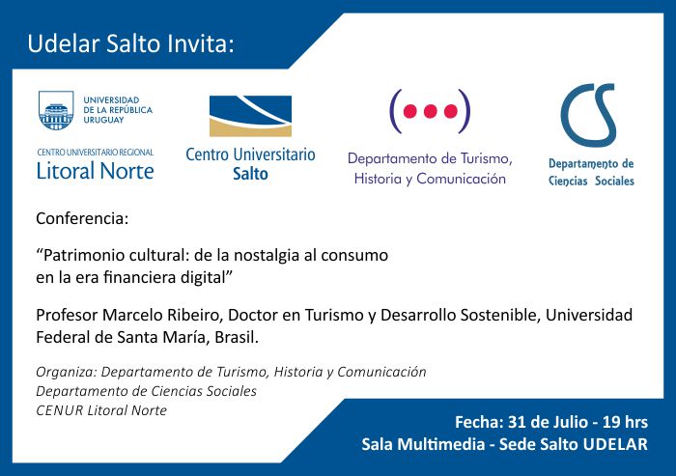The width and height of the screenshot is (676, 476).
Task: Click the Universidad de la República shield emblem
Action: (56, 110)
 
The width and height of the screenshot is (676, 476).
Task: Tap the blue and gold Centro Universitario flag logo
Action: (250, 116)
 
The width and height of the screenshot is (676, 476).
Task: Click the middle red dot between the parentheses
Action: (431, 111)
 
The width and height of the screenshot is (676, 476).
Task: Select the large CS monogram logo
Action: (588, 116)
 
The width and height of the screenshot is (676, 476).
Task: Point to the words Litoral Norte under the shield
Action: (96, 171)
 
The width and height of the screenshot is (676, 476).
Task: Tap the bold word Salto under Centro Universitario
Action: (250, 174)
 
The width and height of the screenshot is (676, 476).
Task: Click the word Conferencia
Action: (82, 218)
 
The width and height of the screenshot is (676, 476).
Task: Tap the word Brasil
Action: (237, 337)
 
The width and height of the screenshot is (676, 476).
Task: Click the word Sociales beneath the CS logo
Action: (614, 181)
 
